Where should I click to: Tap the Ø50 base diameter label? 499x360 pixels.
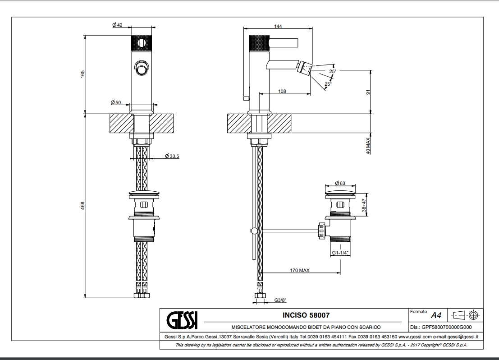[115, 103]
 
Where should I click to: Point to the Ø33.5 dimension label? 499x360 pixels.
[173, 156]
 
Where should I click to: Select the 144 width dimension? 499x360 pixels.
[278, 27]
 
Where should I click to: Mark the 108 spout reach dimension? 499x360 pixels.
[282, 92]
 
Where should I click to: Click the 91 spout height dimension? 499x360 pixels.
[368, 92]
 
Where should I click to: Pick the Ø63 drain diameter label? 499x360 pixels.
[340, 183]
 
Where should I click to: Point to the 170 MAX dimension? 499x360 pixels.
[299, 270]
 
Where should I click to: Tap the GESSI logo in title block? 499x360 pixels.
[182, 320]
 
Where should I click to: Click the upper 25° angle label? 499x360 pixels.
[332, 71]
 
